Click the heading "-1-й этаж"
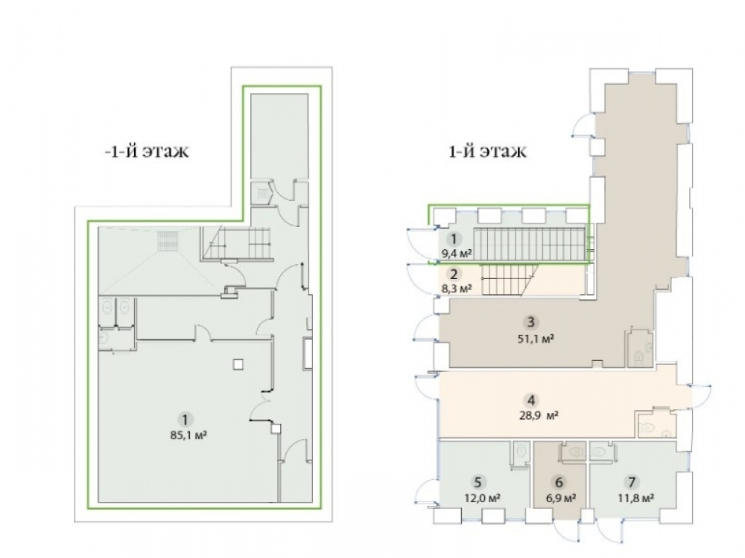click(x=147, y=151)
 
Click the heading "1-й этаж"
click(x=487, y=151)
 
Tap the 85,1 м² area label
click(x=188, y=434)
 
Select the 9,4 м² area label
click(x=457, y=254)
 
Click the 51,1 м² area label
click(x=536, y=339)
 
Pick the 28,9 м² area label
click(x=539, y=416)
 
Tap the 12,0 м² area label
click(x=482, y=498)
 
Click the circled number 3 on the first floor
click(x=530, y=322)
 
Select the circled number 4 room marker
click(x=531, y=400)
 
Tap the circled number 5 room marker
click(x=478, y=483)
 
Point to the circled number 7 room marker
click(x=632, y=483)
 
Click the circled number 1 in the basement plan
click(x=186, y=420)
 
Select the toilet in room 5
click(x=521, y=452)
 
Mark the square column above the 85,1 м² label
click(x=238, y=364)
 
